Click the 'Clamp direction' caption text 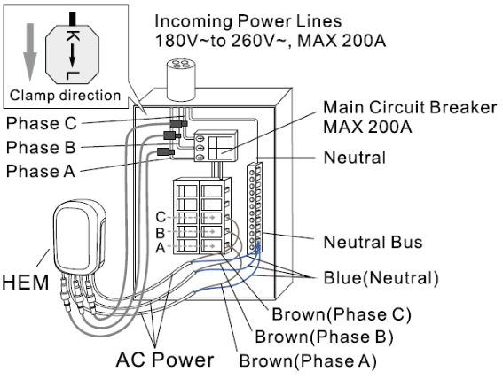[65, 96]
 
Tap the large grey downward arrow [30, 52]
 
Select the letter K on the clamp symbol [73, 36]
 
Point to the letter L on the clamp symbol [73, 75]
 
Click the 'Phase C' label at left [42, 123]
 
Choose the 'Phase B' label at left [41, 147]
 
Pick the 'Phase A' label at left [41, 171]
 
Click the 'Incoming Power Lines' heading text [248, 21]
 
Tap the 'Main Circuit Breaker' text [410, 107]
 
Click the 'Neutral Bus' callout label [373, 242]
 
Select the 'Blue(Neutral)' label [381, 278]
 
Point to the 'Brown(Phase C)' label [342, 314]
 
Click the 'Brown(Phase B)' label [324, 337]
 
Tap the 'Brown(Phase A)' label [308, 360]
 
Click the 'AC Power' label [165, 360]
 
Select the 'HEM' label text [26, 283]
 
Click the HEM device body [79, 236]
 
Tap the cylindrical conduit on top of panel [181, 79]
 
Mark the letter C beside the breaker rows [161, 217]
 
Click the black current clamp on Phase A [166, 151]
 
